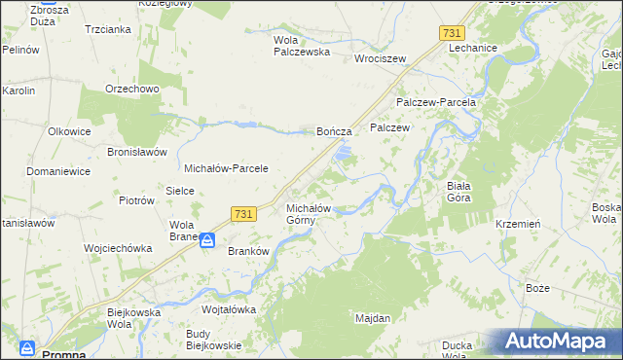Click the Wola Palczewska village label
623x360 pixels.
pos(301,46)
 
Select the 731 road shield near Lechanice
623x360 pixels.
pos(452,33)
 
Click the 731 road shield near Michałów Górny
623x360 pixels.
pos(244,214)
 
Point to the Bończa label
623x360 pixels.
pos(341,130)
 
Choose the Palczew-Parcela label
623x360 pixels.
pos(435,102)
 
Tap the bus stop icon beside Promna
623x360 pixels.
pos(27,347)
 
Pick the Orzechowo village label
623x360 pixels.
pos(131,89)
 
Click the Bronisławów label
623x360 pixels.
pos(137,153)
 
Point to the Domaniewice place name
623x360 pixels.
pos(58,171)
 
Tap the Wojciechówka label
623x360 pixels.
pos(118,248)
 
